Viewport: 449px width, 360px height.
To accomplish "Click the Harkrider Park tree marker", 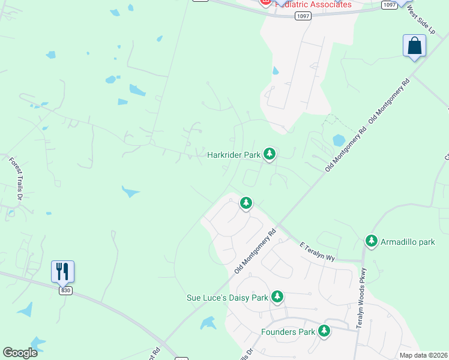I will [270, 155].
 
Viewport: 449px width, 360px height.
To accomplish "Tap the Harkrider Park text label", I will [234, 155].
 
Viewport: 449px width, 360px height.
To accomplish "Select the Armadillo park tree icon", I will [372, 241].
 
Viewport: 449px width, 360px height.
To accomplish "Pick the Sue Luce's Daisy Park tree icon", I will [277, 296].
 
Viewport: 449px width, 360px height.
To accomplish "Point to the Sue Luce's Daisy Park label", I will [227, 298].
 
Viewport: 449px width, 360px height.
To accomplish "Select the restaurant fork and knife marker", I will [62, 271].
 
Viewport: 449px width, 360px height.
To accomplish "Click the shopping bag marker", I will [414, 46].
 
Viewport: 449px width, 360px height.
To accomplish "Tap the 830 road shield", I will [65, 290].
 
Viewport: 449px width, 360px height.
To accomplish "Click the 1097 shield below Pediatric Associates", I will [303, 16].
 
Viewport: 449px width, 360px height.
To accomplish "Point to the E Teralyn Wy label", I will [317, 251].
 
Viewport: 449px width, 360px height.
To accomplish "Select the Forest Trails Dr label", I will [16, 179].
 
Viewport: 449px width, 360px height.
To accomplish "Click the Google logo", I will [20, 352].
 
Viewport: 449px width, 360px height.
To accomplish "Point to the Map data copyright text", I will [423, 355].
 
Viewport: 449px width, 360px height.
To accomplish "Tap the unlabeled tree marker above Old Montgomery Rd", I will [246, 203].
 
